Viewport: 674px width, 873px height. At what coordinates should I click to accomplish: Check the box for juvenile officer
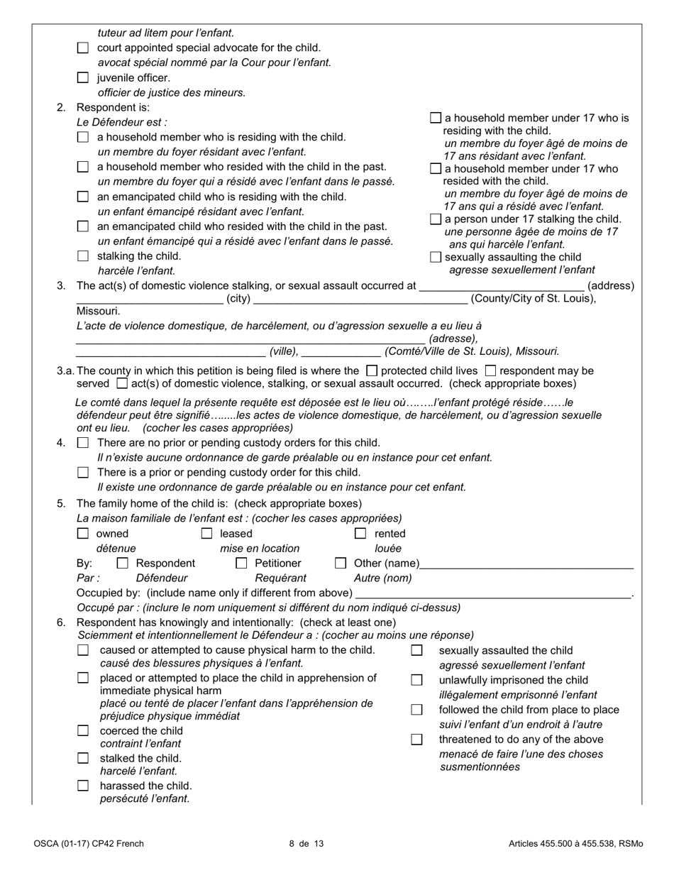tap(83, 78)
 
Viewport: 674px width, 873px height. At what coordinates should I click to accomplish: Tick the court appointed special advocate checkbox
tap(83, 48)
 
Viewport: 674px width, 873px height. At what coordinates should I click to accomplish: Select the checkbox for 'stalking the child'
tap(83, 256)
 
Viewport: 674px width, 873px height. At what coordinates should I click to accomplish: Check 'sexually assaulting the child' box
tap(436, 257)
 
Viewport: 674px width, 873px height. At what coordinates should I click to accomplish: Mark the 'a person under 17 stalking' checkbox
tap(436, 219)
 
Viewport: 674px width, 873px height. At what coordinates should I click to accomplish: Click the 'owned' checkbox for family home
tap(83, 534)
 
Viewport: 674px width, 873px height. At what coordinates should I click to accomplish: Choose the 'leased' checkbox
tap(206, 534)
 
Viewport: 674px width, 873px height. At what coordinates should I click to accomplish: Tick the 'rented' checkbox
tap(360, 534)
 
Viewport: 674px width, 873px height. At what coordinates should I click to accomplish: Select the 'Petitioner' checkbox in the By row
tap(241, 564)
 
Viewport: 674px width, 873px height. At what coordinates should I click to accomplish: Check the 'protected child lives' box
tap(371, 370)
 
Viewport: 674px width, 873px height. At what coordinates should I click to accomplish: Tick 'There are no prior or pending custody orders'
tap(83, 443)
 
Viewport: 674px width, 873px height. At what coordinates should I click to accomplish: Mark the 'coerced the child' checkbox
tap(83, 730)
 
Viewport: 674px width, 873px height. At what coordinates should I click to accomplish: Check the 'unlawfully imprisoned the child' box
tap(417, 680)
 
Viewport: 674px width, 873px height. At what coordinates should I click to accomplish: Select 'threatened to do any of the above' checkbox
tap(417, 740)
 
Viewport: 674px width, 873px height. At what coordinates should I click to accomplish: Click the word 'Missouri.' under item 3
tap(99, 311)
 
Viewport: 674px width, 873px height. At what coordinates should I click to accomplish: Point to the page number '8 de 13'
tap(306, 844)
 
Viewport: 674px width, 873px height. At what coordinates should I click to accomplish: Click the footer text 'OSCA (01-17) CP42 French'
tap(88, 844)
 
